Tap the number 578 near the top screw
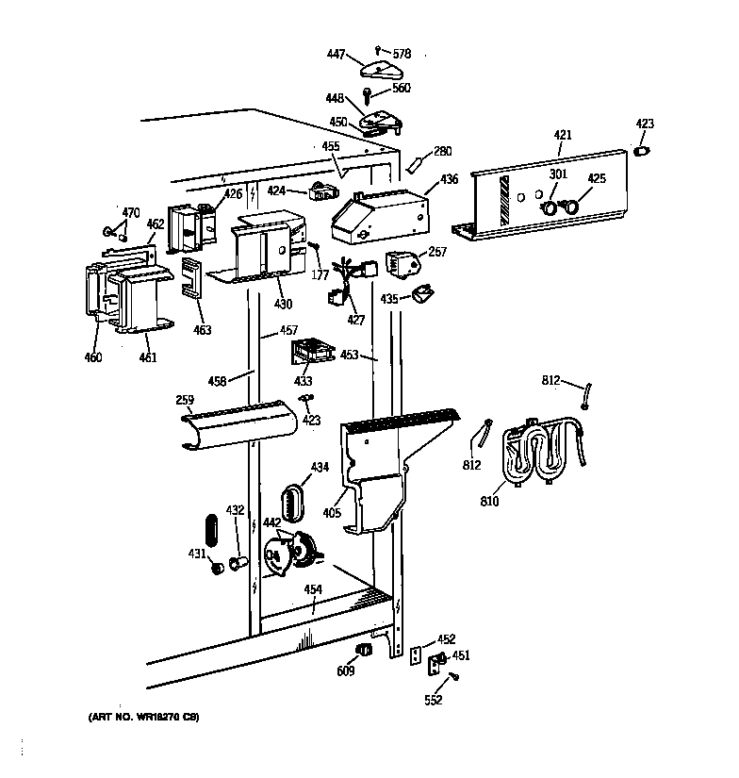pyautogui.click(x=402, y=55)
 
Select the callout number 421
pyautogui.click(x=563, y=137)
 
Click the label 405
pyautogui.click(x=332, y=512)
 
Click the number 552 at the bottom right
pyautogui.click(x=434, y=700)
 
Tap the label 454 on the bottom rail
pyautogui.click(x=313, y=589)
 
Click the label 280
pyautogui.click(x=443, y=151)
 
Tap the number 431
pyautogui.click(x=197, y=554)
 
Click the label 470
pyautogui.click(x=130, y=212)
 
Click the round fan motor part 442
pyautogui.click(x=290, y=551)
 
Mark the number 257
pyautogui.click(x=437, y=252)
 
